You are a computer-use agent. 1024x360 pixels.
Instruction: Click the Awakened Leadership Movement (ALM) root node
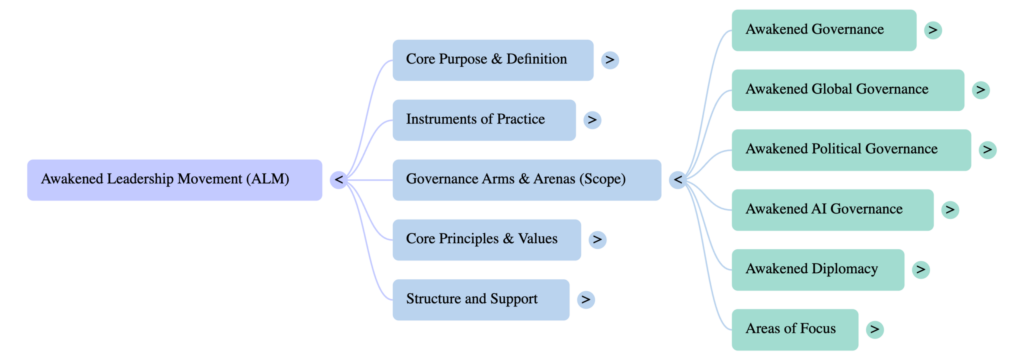click(x=175, y=180)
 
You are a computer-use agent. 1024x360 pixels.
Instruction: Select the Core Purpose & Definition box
click(x=493, y=60)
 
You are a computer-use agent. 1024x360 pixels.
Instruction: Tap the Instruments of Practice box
click(x=484, y=120)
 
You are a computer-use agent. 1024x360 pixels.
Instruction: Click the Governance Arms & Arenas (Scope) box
click(x=527, y=180)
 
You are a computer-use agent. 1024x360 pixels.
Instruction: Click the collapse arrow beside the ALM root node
click(x=339, y=180)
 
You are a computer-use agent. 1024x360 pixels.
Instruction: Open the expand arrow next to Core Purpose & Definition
click(x=610, y=60)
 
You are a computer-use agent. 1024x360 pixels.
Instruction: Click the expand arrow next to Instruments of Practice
click(x=592, y=120)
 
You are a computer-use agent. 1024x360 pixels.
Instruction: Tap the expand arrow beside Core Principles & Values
click(x=597, y=240)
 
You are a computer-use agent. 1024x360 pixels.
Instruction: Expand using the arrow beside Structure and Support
click(x=586, y=299)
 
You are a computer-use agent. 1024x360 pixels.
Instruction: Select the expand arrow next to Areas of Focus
click(x=875, y=329)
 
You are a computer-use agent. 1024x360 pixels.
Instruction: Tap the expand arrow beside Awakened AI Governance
click(x=950, y=209)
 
